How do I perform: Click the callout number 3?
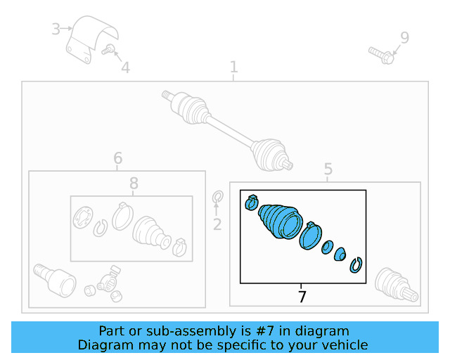pos(56,29)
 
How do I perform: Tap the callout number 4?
pos(126,67)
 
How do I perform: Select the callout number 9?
pos(405,37)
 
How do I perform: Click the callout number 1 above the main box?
pos(234,67)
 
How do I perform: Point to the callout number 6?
pos(118,158)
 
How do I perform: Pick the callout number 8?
pos(134,183)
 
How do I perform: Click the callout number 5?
pos(328,169)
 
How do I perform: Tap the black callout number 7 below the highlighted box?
pos(302,296)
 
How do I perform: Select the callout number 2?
pos(217,224)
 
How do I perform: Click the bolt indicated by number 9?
pos(381,55)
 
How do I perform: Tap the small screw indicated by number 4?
pos(108,49)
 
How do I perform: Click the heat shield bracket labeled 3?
pos(91,39)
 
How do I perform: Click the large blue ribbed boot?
pos(281,221)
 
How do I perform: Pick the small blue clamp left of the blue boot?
pos(252,202)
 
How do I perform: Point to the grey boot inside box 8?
pos(151,232)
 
